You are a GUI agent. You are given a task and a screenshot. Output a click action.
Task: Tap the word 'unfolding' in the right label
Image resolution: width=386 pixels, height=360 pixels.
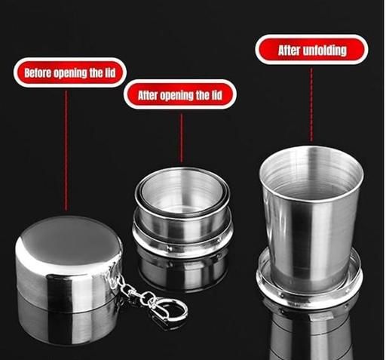point(325,51)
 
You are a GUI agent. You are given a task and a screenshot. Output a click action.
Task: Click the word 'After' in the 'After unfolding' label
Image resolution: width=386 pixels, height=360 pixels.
point(289,51)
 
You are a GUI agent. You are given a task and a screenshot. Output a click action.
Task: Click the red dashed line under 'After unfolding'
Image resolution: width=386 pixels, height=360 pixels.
point(311,105)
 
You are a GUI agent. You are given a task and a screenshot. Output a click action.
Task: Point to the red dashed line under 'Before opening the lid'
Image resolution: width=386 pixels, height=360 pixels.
point(66,150)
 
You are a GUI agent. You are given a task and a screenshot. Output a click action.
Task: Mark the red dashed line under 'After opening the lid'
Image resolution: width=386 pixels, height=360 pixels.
point(181,138)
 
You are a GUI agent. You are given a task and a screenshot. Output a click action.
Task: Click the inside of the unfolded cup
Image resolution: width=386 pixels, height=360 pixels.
point(311,176)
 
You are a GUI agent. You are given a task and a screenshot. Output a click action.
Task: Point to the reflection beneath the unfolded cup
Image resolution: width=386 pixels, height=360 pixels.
point(311,332)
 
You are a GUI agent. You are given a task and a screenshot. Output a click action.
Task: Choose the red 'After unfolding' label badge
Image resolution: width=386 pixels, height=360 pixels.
point(311,50)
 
